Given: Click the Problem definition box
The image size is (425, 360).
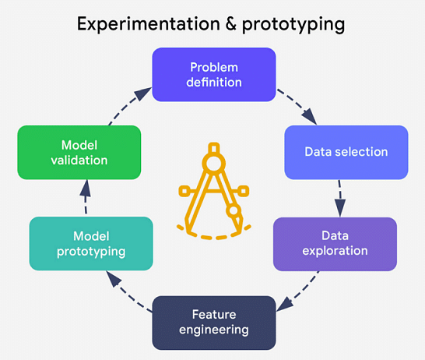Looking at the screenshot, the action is point(214,75).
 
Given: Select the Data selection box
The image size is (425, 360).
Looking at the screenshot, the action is point(346,152).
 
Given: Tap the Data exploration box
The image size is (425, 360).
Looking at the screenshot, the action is point(335,244).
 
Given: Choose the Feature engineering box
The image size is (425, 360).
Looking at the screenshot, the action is point(214,323).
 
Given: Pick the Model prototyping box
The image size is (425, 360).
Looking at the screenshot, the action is point(91,243).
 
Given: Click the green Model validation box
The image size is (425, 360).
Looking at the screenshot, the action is point(79,152).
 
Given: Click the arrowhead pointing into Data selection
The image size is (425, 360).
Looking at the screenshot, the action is point(310,117).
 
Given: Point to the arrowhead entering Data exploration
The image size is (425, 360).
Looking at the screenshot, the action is point(340,208).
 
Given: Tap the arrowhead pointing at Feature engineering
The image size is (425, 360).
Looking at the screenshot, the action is point(284,304).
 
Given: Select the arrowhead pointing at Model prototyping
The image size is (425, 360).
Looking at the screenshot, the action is point(113,278).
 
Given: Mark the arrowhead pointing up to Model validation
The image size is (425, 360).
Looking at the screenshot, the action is point(86,189).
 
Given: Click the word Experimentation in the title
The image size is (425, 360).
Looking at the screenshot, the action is point(149,23).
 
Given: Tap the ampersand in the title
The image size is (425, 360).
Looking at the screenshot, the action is point(231,23).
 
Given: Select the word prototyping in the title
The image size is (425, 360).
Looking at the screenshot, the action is point(293,25).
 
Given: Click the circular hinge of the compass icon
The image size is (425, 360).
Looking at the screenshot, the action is point(214,164).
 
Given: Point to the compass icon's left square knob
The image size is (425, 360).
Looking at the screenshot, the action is point(184,191).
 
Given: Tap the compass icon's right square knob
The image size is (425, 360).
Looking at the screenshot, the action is point(244,191).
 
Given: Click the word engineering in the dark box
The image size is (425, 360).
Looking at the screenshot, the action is point(214,330).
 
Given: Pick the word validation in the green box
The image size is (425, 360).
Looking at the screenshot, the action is point(79,160).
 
